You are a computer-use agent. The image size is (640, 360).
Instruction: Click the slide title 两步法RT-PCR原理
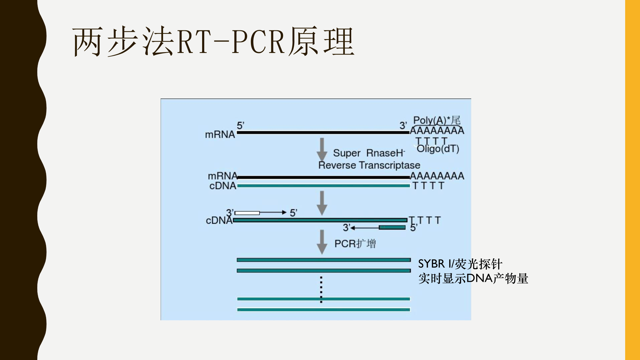213,42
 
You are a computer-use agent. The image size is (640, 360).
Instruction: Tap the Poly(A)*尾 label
437,120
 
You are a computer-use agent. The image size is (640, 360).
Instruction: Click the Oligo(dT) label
438,149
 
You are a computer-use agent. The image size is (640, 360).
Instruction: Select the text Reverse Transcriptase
369,165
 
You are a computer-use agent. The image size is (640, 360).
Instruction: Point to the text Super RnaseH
369,153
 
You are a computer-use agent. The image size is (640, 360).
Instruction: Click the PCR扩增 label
355,244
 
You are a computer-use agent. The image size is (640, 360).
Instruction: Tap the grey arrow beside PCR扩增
322,242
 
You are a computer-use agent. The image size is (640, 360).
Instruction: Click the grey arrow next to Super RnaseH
322,150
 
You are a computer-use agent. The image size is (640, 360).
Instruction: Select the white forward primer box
247,213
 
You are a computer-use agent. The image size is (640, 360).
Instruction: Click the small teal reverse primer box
392,227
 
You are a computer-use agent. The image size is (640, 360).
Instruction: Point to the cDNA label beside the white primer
218,220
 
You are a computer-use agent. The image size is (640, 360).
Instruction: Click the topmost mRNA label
220,134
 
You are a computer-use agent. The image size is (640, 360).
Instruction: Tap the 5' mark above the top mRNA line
240,125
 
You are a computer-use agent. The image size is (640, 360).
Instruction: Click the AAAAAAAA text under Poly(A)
437,131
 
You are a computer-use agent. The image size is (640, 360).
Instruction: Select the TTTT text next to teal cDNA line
428,186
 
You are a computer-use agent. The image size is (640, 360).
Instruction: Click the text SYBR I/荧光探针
460,264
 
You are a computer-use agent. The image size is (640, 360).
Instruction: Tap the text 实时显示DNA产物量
473,278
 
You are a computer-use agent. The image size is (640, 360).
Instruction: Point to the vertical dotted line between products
321,289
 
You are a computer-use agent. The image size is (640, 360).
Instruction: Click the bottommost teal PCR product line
323,310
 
